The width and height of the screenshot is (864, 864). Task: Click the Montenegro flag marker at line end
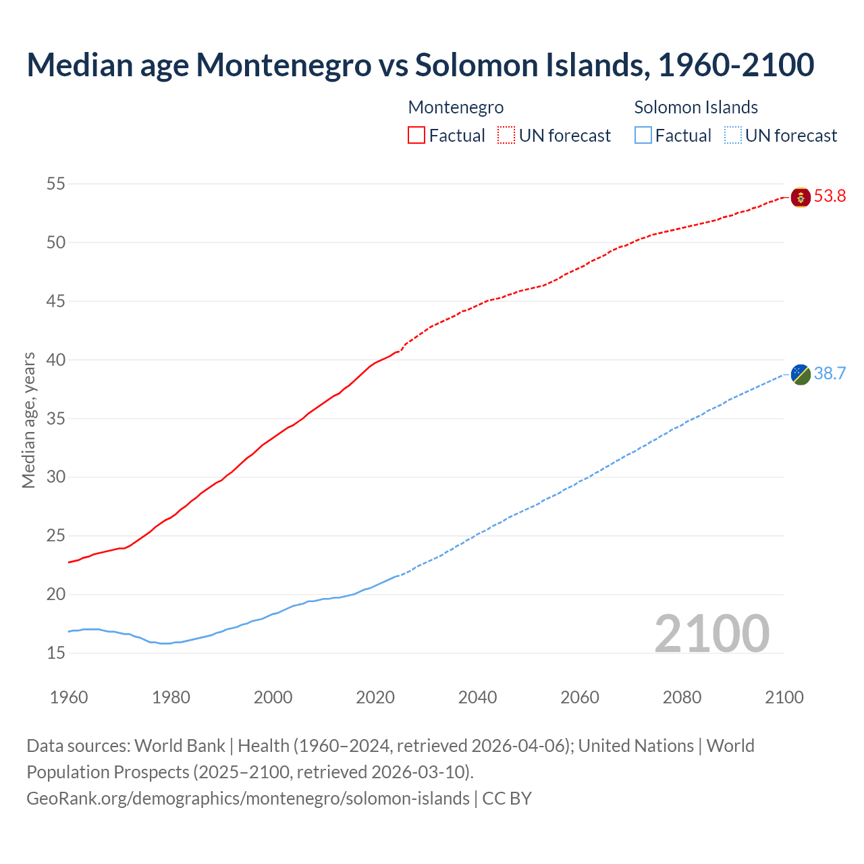tap(801, 197)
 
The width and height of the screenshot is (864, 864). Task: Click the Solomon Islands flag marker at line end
tap(801, 374)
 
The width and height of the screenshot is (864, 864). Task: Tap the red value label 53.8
tap(830, 196)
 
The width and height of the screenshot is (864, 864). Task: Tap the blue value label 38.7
tap(830, 374)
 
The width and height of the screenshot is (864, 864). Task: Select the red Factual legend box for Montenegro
tap(416, 136)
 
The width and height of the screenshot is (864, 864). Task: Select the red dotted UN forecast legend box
tap(506, 136)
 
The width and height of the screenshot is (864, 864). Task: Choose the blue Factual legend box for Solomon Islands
tap(643, 136)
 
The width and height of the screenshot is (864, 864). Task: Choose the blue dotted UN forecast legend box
tap(733, 136)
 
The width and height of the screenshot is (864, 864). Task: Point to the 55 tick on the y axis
tap(56, 184)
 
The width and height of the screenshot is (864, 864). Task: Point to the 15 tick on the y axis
tap(56, 653)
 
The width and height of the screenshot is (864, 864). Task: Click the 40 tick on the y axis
tap(56, 360)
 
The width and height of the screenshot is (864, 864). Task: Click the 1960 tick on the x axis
tap(69, 697)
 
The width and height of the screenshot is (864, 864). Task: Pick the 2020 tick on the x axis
tap(375, 697)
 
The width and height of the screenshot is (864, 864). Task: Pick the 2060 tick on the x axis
tap(580, 697)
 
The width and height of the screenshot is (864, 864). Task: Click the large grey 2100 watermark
tap(711, 633)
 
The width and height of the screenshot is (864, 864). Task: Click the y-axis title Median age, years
tap(28, 420)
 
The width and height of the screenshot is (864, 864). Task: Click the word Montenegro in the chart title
tap(283, 65)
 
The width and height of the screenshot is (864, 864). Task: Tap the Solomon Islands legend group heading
tap(696, 107)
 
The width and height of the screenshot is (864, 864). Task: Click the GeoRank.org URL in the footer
tap(248, 799)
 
